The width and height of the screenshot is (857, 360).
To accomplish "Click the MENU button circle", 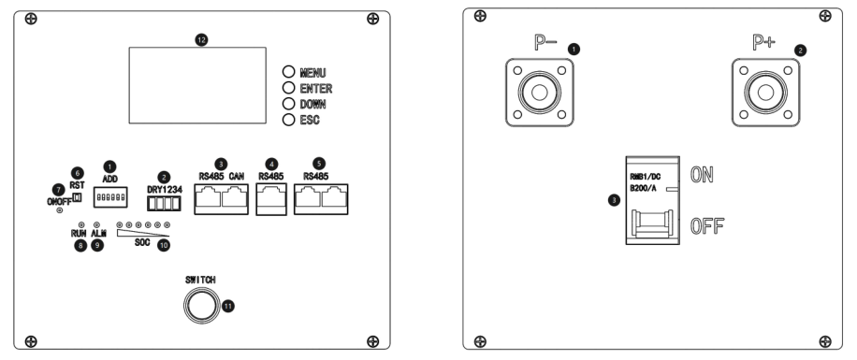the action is click(x=288, y=72).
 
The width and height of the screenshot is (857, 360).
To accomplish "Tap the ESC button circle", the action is click(x=288, y=120).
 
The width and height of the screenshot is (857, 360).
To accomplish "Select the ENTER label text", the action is click(x=316, y=89).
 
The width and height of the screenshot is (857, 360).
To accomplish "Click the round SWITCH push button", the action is click(x=200, y=306).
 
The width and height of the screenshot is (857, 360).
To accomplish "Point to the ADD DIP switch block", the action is click(x=110, y=196).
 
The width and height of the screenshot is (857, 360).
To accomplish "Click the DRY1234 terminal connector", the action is click(x=164, y=203).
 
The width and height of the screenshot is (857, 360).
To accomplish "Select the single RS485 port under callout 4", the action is click(x=271, y=199).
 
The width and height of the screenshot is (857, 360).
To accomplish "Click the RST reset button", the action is click(x=77, y=196).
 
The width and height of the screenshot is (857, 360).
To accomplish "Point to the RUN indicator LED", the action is click(x=80, y=224).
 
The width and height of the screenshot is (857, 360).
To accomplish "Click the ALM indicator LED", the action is click(x=96, y=224).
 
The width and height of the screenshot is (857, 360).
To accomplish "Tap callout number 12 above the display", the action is click(x=202, y=40).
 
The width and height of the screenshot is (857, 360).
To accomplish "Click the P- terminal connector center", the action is click(x=540, y=93).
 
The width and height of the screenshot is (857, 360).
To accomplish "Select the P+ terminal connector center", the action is click(x=765, y=93).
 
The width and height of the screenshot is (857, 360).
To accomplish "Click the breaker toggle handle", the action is click(x=653, y=224).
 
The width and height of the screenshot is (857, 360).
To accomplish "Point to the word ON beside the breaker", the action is click(x=702, y=175).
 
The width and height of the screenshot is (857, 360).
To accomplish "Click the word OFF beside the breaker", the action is click(x=707, y=226).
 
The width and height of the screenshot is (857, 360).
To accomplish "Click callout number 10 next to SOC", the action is click(x=164, y=245).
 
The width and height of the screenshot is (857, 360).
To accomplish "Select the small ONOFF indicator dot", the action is click(x=60, y=210).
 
